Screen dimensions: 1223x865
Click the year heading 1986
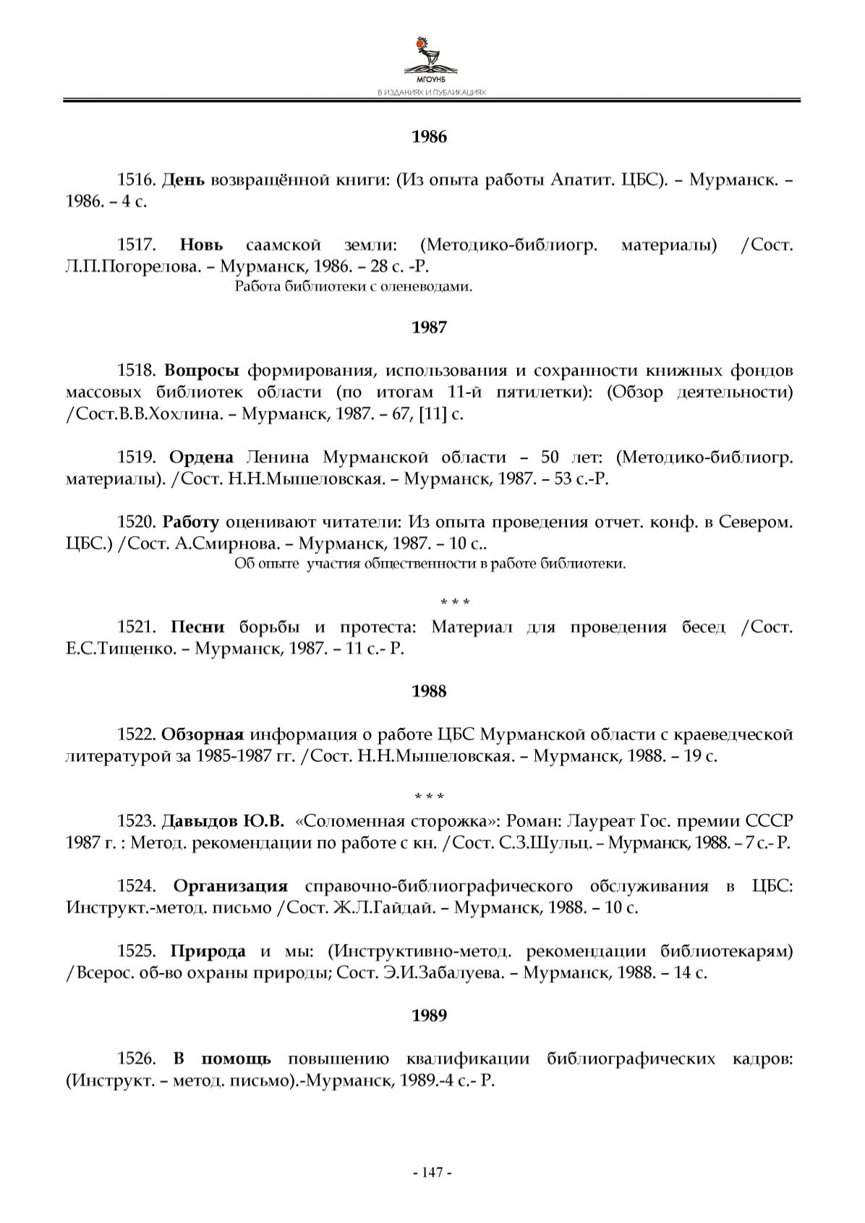pos(429,137)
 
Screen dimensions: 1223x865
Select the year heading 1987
pos(429,327)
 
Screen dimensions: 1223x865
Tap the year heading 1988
pos(429,692)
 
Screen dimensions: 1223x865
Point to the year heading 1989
pos(429,1016)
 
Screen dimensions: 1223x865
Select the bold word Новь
pos(201,245)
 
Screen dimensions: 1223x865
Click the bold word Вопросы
pos(202,372)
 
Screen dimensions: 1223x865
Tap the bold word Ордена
pos(201,458)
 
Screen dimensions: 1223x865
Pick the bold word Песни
pos(197,627)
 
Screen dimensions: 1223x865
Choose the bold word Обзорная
pos(202,735)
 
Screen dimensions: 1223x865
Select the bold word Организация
pos(231,886)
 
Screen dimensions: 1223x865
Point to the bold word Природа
pos(208,951)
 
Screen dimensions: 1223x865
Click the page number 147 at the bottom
pos(432,1172)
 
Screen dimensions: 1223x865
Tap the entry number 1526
pos(137,1059)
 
